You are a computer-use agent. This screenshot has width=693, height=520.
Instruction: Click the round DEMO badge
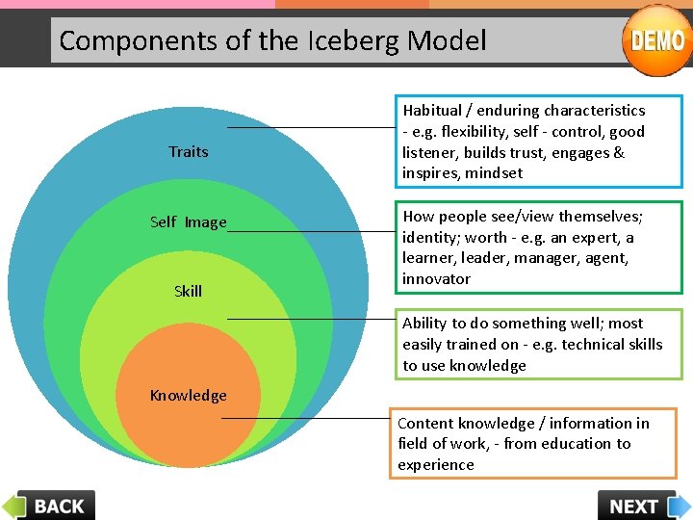657,40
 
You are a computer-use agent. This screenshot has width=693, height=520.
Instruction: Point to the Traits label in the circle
188,151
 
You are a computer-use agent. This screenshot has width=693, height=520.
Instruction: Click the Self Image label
188,221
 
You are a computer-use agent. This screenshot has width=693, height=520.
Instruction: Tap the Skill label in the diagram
188,291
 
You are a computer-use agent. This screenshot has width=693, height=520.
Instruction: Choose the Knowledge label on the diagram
188,395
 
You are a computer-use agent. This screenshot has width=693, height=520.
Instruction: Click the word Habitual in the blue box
434,111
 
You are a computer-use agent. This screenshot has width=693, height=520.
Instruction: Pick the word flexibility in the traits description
482,132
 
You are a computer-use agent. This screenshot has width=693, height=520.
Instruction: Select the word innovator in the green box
436,279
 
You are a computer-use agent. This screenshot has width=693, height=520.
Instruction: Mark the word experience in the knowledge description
436,465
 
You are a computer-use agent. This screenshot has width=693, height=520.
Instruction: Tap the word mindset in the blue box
493,173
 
